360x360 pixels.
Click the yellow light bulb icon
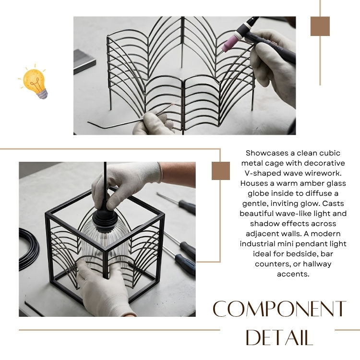(35, 82)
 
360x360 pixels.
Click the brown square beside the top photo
(320, 26)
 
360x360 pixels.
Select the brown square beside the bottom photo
(221, 171)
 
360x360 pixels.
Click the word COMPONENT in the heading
(279, 309)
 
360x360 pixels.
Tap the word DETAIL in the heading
(279, 337)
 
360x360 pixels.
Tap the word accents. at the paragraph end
(293, 274)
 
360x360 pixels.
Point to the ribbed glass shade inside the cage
(105, 247)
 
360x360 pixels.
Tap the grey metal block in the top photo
(84, 61)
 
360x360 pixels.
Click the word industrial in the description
(258, 243)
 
